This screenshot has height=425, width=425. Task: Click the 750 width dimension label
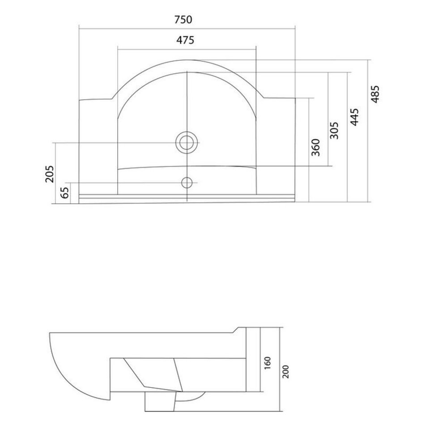pos(183,20)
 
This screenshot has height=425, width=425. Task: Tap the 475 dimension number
pos(185,40)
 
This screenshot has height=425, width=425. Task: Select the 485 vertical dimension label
pos(375,94)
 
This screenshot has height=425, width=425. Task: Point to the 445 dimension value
pos(354,117)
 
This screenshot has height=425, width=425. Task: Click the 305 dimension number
pos(335,130)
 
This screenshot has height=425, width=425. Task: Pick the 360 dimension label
pos(316,147)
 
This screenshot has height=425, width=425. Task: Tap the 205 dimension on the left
pos(50,174)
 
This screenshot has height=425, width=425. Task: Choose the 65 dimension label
pos(65,193)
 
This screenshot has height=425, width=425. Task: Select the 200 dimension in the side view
pos(286,372)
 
